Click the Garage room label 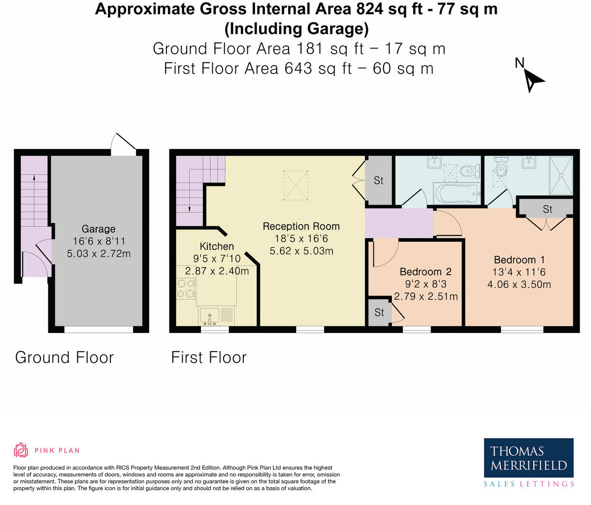(98, 229)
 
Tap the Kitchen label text (217, 246)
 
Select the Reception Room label (301, 226)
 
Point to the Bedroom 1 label (519, 260)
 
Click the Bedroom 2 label (426, 272)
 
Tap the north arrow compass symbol (533, 81)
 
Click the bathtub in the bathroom (457, 194)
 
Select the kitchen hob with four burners (186, 289)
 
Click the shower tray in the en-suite (561, 176)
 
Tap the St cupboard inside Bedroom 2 (379, 312)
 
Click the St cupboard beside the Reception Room (379, 180)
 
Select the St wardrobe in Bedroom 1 (547, 209)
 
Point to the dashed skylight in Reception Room (295, 185)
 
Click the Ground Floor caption (65, 358)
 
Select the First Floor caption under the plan (209, 358)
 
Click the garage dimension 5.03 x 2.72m (98, 253)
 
